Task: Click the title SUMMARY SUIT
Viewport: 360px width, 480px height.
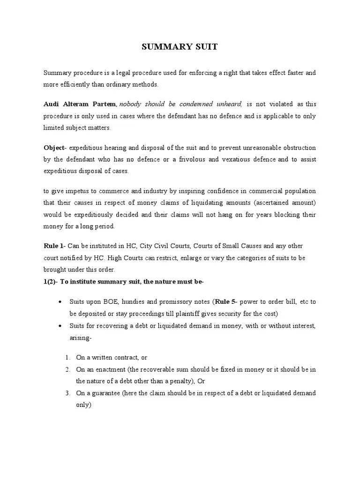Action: coord(180,47)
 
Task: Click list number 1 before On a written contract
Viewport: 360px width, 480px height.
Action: coord(67,358)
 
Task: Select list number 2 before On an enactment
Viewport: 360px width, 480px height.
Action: coord(67,369)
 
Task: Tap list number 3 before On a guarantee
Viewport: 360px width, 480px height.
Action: coord(67,392)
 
